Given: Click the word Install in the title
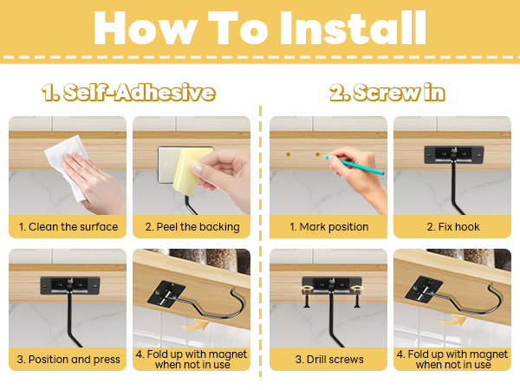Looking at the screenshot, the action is click(354, 28).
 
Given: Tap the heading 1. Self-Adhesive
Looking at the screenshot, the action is click(128, 92).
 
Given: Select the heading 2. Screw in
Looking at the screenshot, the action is click(387, 92).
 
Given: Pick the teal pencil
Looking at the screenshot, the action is click(354, 165).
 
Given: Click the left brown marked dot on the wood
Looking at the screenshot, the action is click(289, 154).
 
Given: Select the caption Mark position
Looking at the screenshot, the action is click(329, 227).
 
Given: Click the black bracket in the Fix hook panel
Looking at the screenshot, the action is click(453, 154).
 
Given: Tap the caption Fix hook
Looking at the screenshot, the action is click(453, 227).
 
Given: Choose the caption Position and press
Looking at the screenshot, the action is click(68, 360).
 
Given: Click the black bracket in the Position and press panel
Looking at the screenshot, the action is click(70, 285).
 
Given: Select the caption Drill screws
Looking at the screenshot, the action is click(329, 360).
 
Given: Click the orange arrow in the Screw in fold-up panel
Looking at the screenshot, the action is click(452, 321).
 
